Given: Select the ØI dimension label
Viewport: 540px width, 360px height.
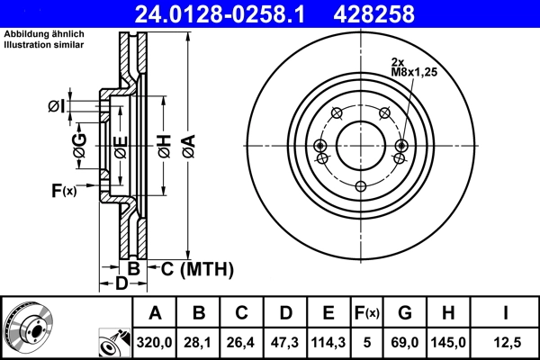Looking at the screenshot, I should (x=56, y=107).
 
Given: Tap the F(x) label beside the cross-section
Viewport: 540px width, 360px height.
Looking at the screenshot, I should (x=64, y=190).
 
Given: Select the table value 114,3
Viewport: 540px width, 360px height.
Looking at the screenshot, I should (x=328, y=340).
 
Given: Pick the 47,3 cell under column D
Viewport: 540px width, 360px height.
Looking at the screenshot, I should (x=285, y=340).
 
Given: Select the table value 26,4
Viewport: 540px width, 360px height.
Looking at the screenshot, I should (x=242, y=340).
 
